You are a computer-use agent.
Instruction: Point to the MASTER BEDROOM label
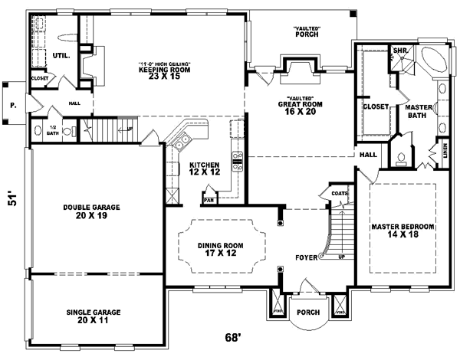click(x=402, y=231)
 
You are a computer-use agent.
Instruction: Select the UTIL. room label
click(x=62, y=55)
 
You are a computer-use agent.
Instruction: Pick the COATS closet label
click(x=338, y=194)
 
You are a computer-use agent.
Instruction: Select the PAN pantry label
click(x=208, y=201)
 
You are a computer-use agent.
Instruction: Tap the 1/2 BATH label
click(x=52, y=130)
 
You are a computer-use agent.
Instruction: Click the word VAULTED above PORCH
click(x=306, y=29)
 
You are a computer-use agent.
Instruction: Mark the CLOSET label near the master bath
click(x=375, y=106)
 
